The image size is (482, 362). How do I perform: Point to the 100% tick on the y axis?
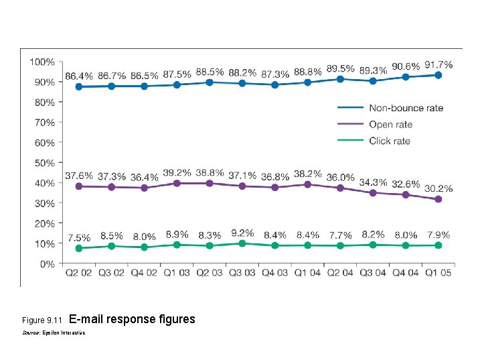tap(42, 62)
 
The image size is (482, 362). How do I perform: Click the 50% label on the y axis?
tap(44, 163)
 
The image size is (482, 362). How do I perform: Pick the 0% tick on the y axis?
tap(47, 264)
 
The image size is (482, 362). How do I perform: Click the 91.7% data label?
tap(438, 65)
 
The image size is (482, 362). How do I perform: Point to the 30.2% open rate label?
tap(438, 188)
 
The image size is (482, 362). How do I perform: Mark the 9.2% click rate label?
tap(242, 233)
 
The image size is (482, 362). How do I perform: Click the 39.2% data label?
tap(177, 172)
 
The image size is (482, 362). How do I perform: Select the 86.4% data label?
tap(79, 76)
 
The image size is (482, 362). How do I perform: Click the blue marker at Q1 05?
tap(438, 75)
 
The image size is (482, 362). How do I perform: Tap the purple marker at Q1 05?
tap(438, 199)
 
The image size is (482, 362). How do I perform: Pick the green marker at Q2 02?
tap(79, 248)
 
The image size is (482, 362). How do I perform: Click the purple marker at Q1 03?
tap(177, 183)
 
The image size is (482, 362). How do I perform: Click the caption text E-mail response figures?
tap(132, 319)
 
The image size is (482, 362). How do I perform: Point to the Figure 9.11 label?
tap(42, 320)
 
